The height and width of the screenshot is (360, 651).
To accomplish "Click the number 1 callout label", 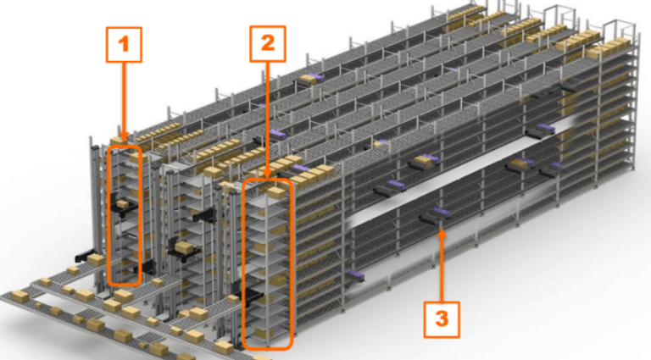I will (x=124, y=44).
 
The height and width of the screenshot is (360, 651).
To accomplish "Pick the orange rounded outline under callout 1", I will (x=125, y=215).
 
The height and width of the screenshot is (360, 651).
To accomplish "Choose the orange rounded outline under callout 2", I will (x=268, y=263).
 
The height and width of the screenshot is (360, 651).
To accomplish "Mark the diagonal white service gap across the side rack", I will (x=475, y=174).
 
